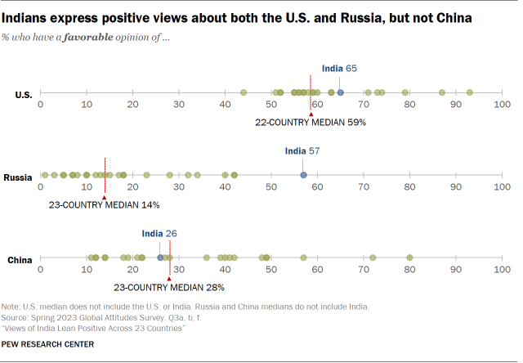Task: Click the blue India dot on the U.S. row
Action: pyautogui.click(x=341, y=93)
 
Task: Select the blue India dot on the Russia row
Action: pyautogui.click(x=303, y=175)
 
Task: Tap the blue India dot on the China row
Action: pyautogui.click(x=160, y=258)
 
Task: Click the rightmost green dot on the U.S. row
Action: pyautogui.click(x=469, y=93)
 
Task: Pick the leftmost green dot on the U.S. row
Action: pyautogui.click(x=244, y=93)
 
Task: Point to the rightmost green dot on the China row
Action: pyautogui.click(x=409, y=258)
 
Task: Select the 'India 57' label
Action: pyautogui.click(x=303, y=151)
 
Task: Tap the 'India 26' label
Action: pyautogui.click(x=159, y=234)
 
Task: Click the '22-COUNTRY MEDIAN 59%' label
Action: pyautogui.click(x=310, y=122)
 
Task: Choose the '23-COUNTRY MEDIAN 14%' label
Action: pyautogui.click(x=105, y=204)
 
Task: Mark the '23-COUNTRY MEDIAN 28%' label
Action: pyautogui.click(x=168, y=287)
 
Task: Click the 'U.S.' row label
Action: pyautogui.click(x=24, y=95)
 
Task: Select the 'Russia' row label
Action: pyautogui.click(x=18, y=177)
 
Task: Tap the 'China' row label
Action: pyautogui.click(x=20, y=260)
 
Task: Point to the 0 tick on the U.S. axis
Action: pyautogui.click(x=41, y=105)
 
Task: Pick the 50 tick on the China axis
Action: pyautogui.click(x=270, y=270)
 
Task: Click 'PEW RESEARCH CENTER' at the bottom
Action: pyautogui.click(x=47, y=344)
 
